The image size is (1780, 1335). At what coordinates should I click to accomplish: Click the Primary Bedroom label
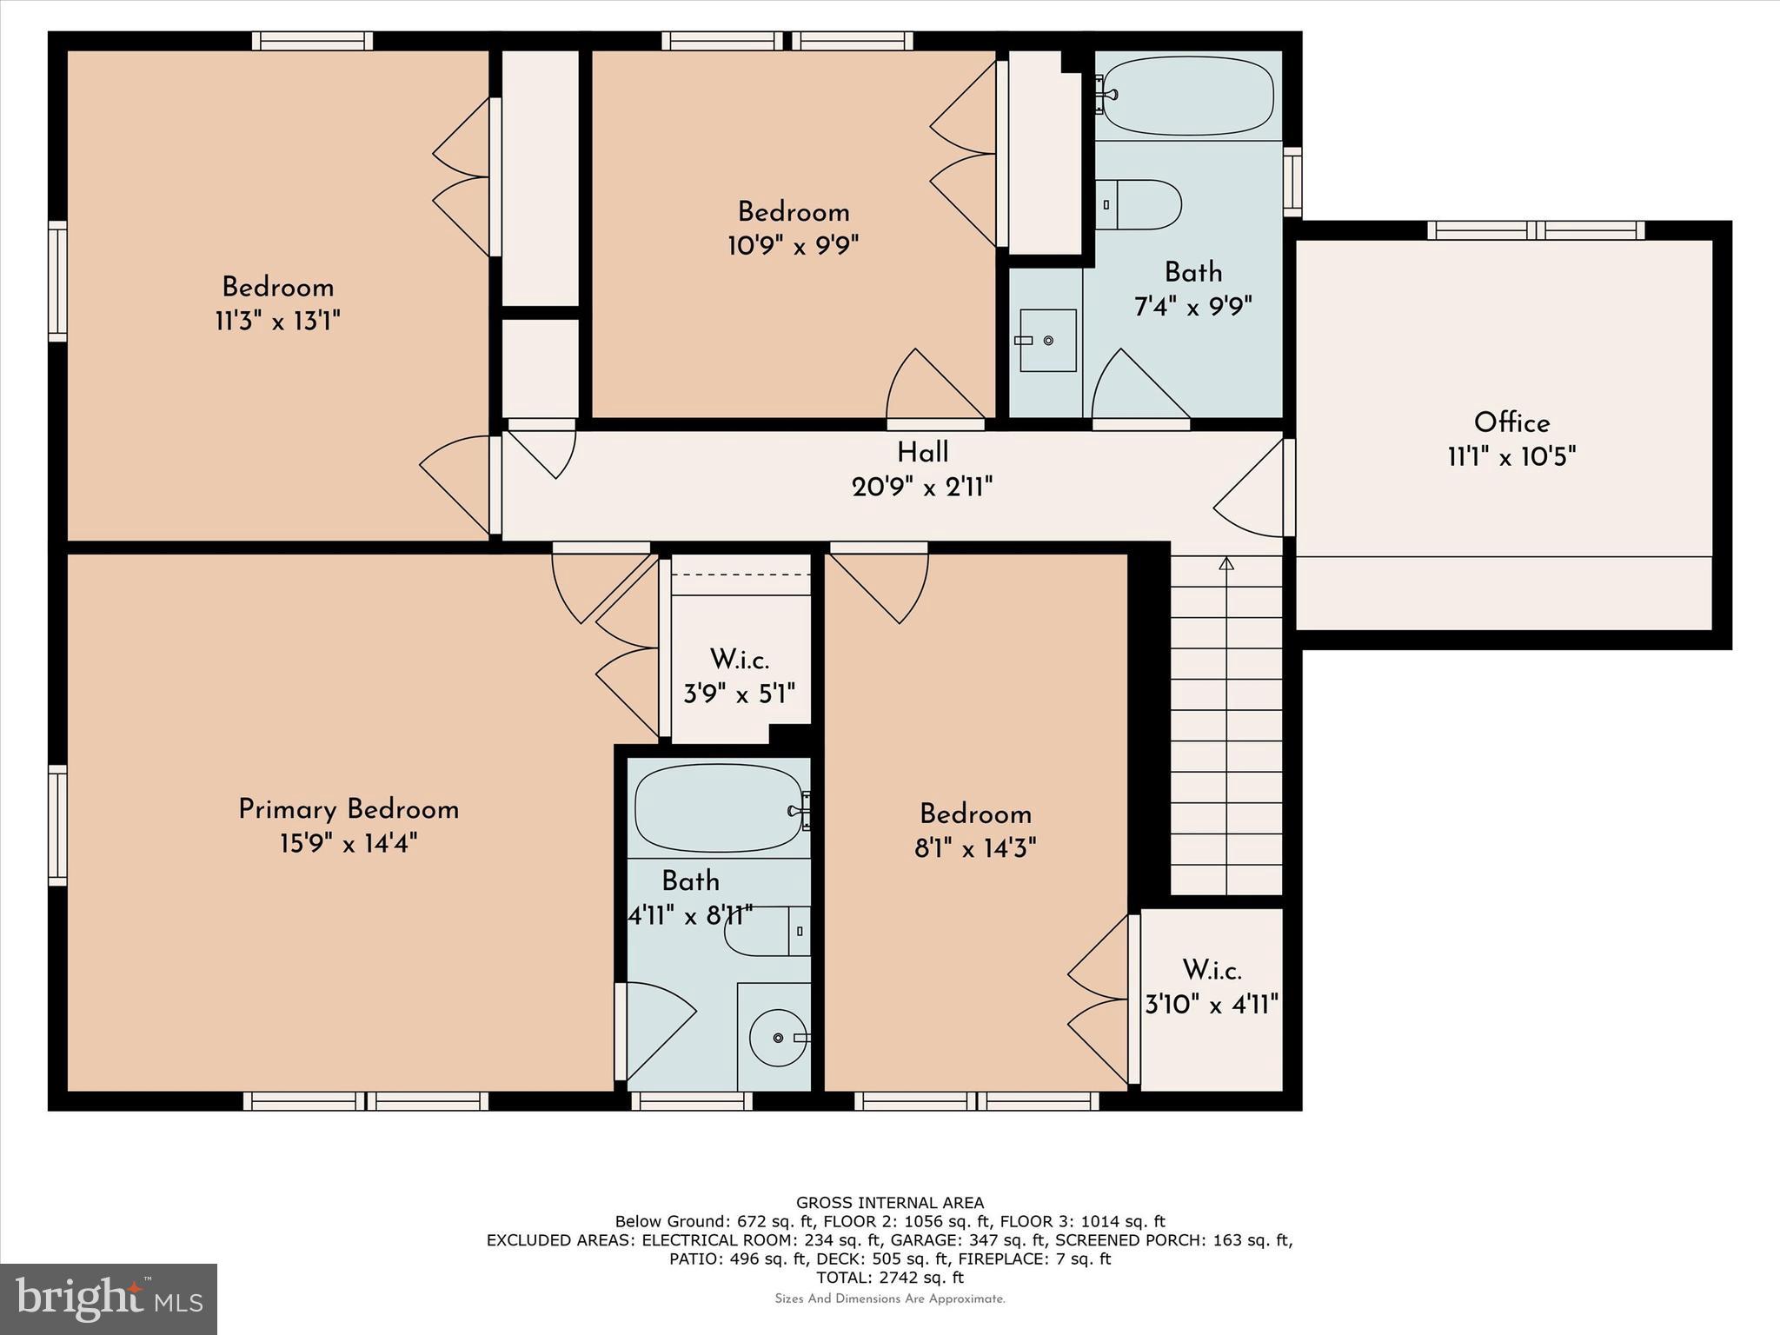click(x=349, y=809)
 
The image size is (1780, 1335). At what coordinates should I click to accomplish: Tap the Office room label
click(x=1511, y=422)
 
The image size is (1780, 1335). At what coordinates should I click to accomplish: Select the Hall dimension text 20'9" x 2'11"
click(x=922, y=487)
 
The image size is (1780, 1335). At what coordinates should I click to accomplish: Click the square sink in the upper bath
click(x=1046, y=340)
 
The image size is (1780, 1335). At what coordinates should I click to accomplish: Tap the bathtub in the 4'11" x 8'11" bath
click(x=718, y=808)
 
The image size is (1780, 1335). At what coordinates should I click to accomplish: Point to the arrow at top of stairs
click(x=1226, y=564)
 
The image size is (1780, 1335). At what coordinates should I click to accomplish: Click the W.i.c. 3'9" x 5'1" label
click(x=740, y=676)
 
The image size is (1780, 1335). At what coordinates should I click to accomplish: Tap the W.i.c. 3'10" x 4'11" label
click(x=1212, y=987)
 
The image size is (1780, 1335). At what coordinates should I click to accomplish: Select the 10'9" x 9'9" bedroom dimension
click(x=793, y=246)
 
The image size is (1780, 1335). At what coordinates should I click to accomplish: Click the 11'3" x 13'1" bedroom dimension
click(x=277, y=322)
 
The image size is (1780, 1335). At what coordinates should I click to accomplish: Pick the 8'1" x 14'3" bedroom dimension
click(x=975, y=847)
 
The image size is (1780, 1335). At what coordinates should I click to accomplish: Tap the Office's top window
click(x=1536, y=229)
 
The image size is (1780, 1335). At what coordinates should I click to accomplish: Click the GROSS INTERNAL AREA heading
click(x=890, y=1203)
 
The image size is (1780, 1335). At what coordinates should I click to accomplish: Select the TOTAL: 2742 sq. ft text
click(x=890, y=1278)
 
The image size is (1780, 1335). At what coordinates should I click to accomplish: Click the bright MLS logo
click(x=109, y=1299)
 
